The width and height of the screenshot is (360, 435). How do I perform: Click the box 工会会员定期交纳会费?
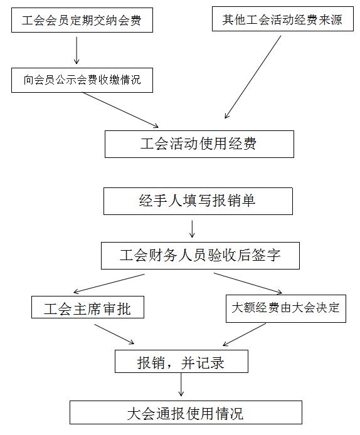click(x=82, y=20)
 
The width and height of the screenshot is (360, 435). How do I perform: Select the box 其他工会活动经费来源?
click(x=283, y=19)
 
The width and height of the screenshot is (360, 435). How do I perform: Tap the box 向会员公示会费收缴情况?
click(x=82, y=80)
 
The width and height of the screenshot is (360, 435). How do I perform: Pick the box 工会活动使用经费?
click(x=199, y=144)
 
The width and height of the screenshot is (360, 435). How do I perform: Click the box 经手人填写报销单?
click(x=198, y=201)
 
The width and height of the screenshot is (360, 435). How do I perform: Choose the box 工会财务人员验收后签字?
click(x=200, y=256)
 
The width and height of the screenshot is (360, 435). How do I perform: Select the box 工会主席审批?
click(x=88, y=307)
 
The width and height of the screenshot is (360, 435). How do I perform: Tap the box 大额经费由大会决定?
click(x=286, y=308)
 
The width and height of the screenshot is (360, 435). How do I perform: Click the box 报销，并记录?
click(x=181, y=361)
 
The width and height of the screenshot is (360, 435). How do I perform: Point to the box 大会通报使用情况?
click(x=186, y=412)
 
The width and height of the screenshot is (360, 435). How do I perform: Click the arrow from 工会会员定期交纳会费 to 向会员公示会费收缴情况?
click(x=77, y=51)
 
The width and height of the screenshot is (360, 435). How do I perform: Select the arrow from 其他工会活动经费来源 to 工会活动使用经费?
click(x=253, y=77)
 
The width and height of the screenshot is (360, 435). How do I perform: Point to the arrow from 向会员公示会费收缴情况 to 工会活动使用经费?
click(x=121, y=110)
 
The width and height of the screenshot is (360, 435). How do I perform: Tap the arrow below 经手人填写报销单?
click(x=192, y=229)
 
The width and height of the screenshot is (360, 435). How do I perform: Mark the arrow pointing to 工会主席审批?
click(x=109, y=283)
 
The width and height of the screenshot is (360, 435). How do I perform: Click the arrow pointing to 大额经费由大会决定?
click(x=248, y=283)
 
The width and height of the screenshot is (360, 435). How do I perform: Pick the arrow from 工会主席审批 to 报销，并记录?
click(x=114, y=334)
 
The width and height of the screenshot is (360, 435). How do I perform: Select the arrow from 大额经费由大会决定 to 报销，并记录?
click(x=244, y=335)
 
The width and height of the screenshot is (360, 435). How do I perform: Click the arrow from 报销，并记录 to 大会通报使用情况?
click(x=181, y=384)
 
